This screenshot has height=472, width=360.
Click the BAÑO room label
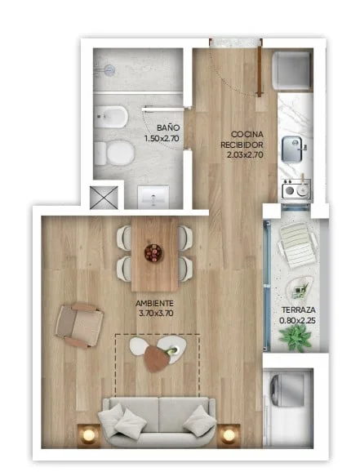168,127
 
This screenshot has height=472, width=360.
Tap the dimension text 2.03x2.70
245,154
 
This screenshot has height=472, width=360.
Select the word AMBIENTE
154,303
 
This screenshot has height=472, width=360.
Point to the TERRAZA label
298,309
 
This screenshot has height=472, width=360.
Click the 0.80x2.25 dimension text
297,321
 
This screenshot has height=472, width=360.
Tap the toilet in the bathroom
114,153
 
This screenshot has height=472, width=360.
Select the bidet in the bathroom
111,117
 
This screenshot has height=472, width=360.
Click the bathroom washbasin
153,197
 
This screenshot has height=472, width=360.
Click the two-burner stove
296,189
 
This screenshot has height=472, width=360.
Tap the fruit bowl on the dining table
153,253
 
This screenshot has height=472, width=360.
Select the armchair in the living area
79,326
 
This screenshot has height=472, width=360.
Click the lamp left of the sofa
88,435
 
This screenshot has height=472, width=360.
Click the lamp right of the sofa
229,435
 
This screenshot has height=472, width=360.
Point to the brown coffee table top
157,358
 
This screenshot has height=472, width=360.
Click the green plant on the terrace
296,338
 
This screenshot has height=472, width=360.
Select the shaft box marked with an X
104,198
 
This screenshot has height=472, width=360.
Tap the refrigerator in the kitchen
291,71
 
